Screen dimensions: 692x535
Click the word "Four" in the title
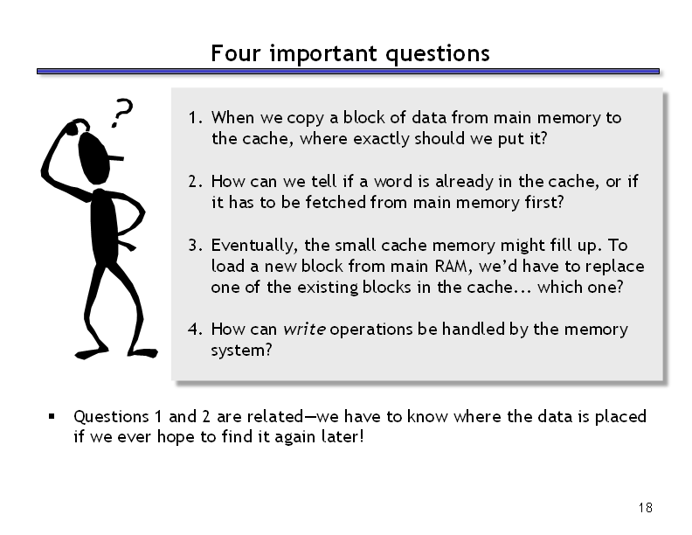235,53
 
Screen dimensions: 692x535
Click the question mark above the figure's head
121,113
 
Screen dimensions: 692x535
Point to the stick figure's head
94,158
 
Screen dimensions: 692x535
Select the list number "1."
196,118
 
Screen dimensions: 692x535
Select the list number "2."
196,182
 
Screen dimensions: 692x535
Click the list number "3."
196,245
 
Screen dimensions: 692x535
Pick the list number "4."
196,330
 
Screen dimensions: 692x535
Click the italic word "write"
305,330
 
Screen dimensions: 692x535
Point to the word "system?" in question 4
241,351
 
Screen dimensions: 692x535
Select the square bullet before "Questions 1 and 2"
52,416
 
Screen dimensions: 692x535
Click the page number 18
645,508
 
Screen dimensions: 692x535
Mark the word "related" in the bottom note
275,416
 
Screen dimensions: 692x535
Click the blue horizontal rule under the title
348,71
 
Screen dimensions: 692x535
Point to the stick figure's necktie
127,245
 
